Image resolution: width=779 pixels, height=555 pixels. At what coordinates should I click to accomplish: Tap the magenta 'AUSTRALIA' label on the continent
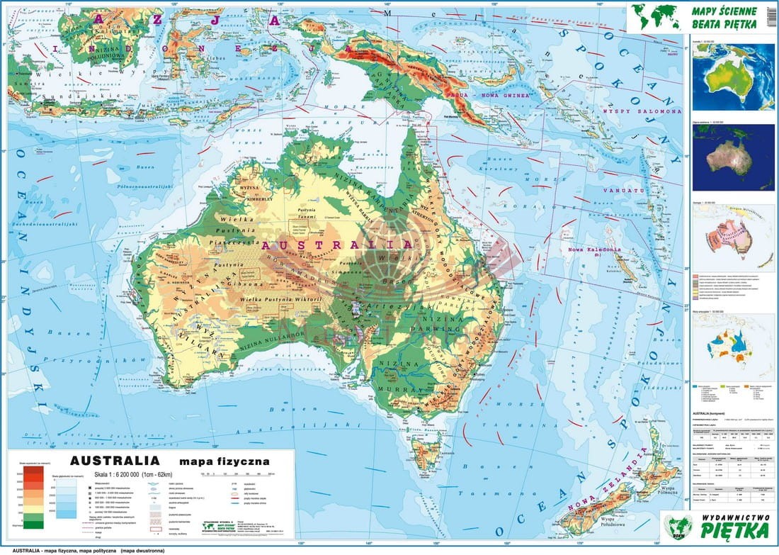click(337, 245)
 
